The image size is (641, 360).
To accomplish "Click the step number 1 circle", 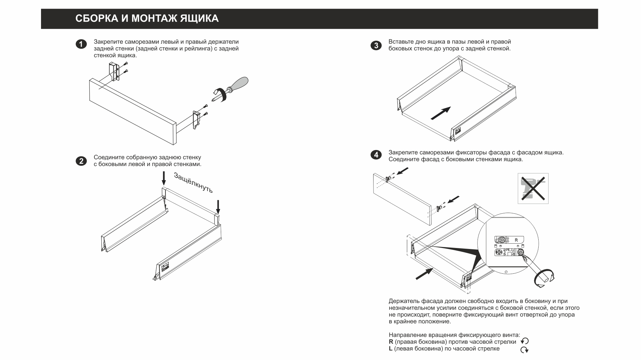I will (81, 44).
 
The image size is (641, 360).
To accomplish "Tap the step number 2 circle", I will (81, 161).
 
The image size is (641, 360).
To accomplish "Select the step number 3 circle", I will (376, 45).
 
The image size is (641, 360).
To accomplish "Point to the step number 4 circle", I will (376, 155).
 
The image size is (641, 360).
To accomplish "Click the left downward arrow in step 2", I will (163, 178).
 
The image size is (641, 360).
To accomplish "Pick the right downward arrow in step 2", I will (218, 207).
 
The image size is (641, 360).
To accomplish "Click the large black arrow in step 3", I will (441, 113).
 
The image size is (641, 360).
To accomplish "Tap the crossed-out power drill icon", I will (533, 188).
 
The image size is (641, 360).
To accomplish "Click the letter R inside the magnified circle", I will (516, 240).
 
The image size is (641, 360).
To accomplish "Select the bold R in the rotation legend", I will (391, 342).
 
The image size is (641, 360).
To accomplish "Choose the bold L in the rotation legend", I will (391, 349).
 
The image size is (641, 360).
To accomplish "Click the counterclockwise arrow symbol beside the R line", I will (525, 341).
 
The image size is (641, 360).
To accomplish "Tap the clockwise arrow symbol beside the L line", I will (525, 350).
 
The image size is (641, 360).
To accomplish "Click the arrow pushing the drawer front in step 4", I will (424, 274).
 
